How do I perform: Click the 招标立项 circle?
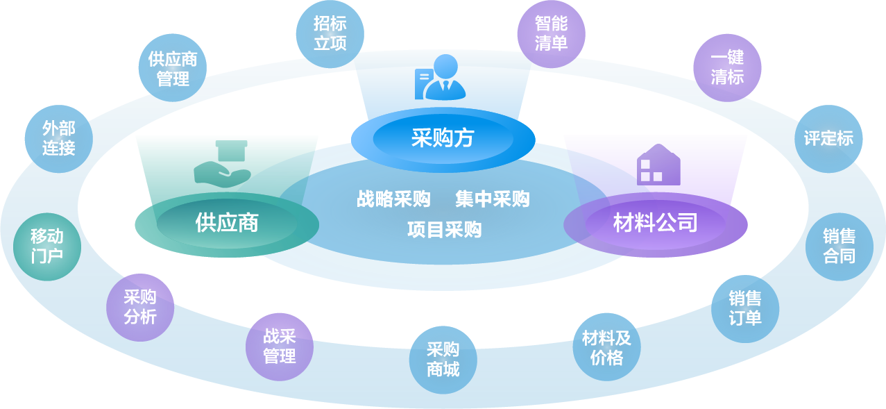point(330,33)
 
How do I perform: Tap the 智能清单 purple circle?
point(552,33)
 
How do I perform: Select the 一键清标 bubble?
point(727,68)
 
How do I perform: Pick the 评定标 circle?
point(828,138)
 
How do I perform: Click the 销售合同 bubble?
point(840,247)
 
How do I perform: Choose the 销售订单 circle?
point(745,308)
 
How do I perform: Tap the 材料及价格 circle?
point(607,347)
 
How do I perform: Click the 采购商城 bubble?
point(443,359)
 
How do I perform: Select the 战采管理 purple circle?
point(280,347)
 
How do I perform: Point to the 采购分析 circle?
point(140,307)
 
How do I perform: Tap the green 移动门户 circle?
point(47,247)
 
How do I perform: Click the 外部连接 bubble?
point(58,137)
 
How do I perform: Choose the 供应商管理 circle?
point(173,69)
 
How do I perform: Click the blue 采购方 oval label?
point(443,138)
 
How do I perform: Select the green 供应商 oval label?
point(227,223)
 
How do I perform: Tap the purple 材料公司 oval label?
point(655,223)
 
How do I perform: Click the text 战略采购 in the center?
point(393,199)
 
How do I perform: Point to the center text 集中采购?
point(493,199)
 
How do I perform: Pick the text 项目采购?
point(444,229)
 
